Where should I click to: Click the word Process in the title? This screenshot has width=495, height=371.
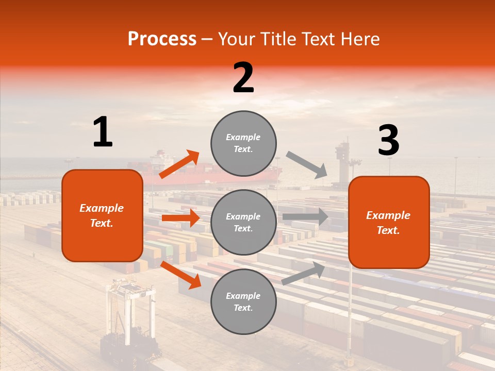(x=162, y=39)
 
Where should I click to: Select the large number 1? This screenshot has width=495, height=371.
(x=103, y=132)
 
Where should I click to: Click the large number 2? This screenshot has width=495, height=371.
(x=243, y=78)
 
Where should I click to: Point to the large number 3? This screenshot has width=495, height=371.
(x=388, y=140)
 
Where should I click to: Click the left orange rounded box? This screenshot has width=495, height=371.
(x=102, y=215)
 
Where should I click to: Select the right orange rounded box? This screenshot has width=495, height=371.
(x=389, y=222)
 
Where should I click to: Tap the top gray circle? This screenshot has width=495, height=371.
(x=243, y=143)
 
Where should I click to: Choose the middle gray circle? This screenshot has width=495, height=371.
(x=243, y=222)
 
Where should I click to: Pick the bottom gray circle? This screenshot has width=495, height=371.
(x=243, y=301)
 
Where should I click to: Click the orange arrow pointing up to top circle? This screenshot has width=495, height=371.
(x=179, y=164)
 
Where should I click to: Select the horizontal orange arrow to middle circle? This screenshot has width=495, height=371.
(x=180, y=218)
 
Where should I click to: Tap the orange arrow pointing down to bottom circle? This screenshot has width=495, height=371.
(x=180, y=275)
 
